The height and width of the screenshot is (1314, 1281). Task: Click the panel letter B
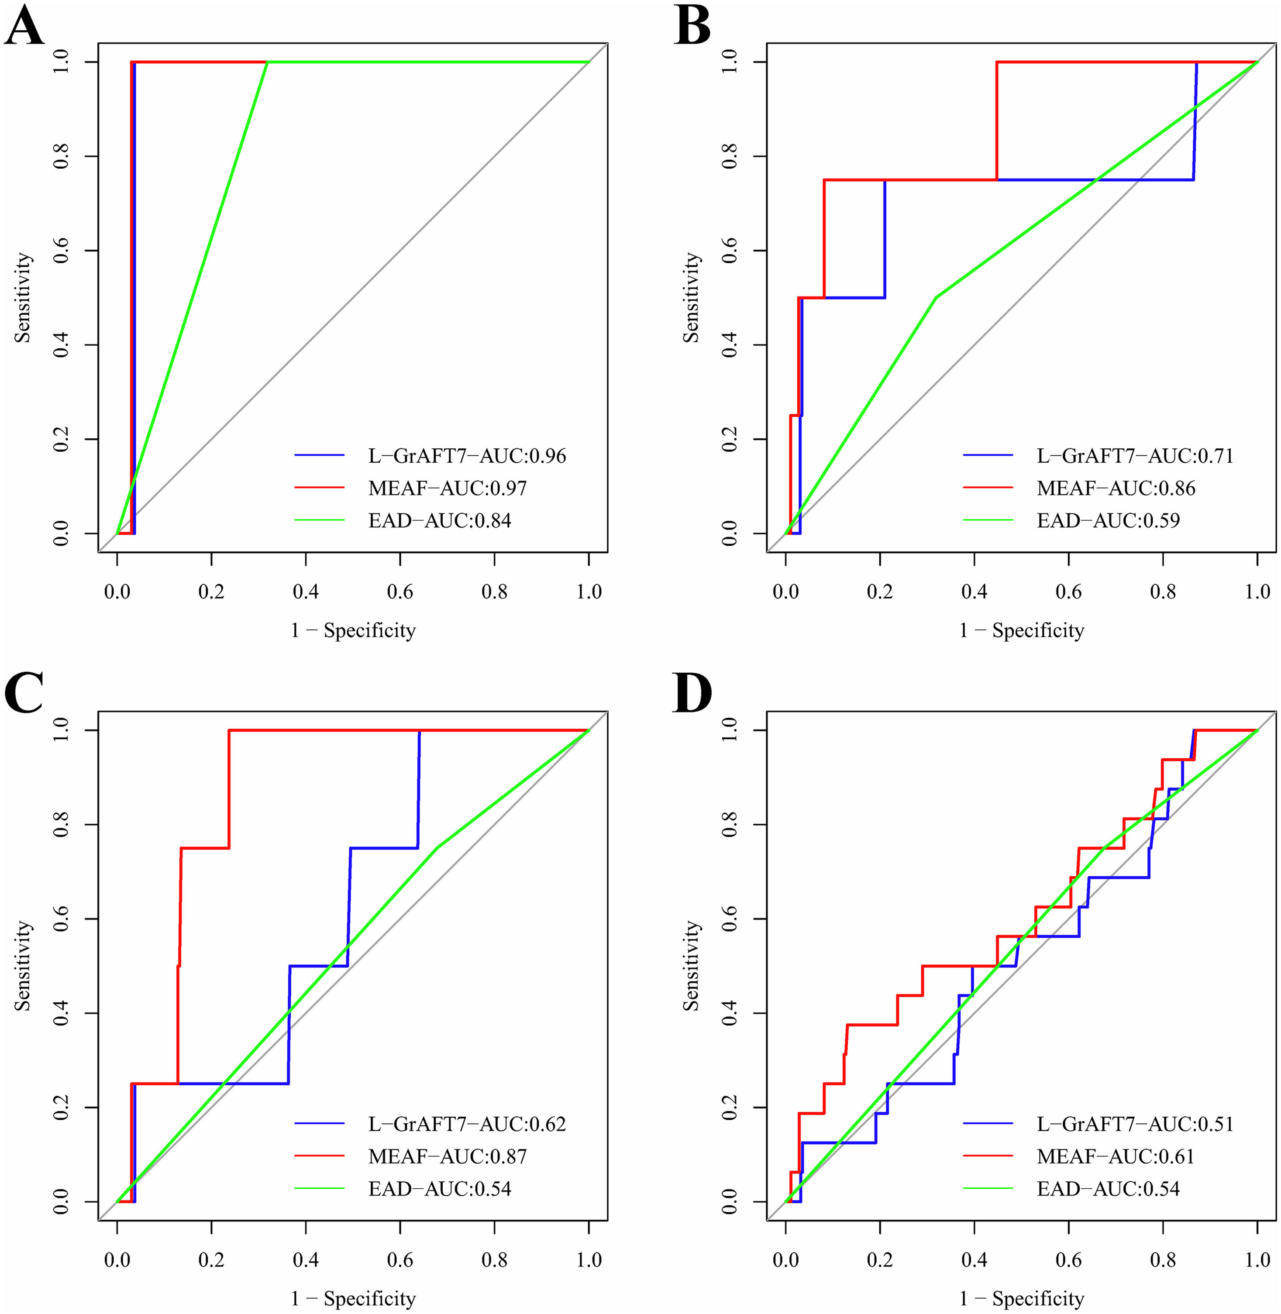click(692, 27)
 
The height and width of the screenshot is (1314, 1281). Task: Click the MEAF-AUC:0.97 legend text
click(448, 488)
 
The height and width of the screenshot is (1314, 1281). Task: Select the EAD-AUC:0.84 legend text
click(439, 520)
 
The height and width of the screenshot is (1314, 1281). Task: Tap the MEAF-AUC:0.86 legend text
click(1116, 488)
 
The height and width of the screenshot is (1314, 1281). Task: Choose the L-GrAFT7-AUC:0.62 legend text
click(467, 1124)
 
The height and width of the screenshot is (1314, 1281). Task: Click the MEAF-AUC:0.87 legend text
click(448, 1156)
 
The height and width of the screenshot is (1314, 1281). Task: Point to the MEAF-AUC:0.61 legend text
click(1116, 1156)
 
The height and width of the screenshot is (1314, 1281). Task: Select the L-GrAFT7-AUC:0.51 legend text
click(1135, 1124)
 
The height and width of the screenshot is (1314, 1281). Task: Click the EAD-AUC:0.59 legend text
click(1108, 520)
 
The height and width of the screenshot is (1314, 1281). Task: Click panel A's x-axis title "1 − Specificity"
click(353, 630)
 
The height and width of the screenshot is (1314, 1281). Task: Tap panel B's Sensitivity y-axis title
click(691, 297)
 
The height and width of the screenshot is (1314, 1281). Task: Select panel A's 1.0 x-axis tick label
click(589, 592)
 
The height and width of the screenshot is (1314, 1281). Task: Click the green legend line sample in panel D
click(988, 1189)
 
